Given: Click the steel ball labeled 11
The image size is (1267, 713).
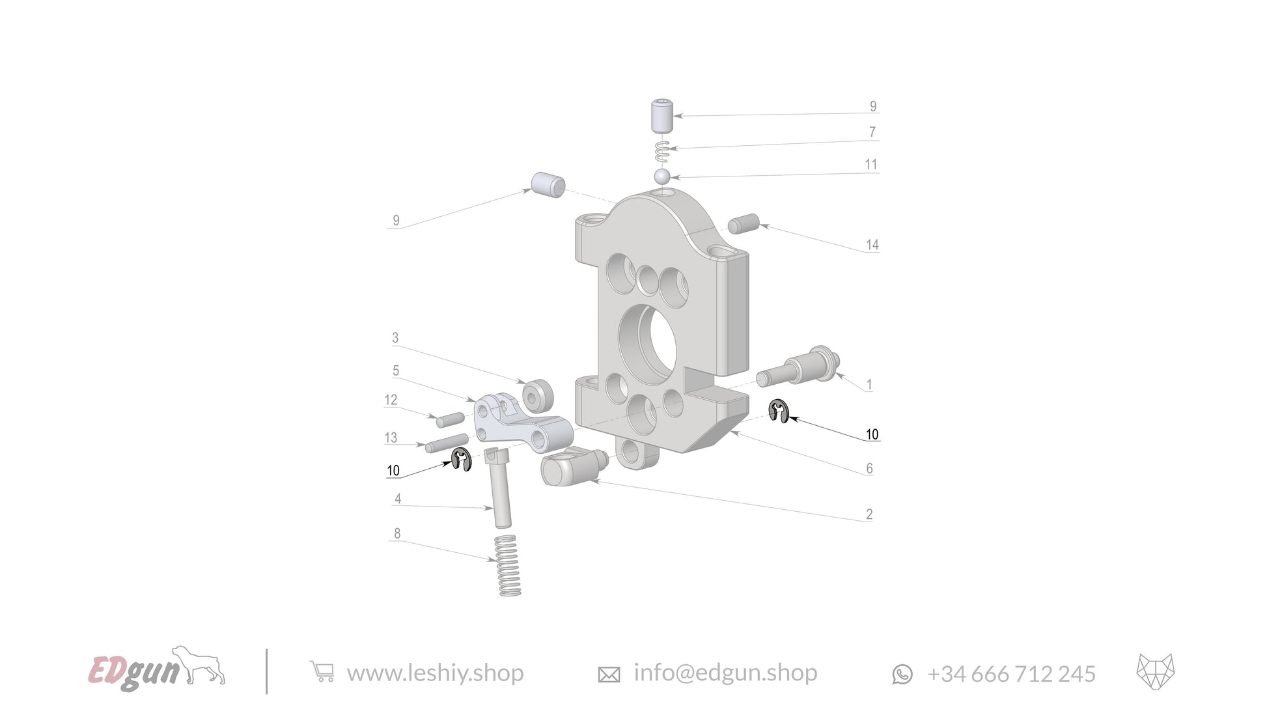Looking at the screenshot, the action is pos(662,176).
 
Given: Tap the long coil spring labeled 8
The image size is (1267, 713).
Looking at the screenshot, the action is pos(508,565).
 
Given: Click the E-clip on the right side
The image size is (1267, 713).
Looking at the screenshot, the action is pos(778,412).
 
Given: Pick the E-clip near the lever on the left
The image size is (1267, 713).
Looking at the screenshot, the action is pos(461,460).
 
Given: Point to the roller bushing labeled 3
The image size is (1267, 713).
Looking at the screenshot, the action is pos(538,395).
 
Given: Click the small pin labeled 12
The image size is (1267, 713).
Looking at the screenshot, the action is pos(450,419).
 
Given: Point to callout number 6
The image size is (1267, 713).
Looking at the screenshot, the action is pos(869,468).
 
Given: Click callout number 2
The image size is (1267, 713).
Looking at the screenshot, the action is pos(869,514).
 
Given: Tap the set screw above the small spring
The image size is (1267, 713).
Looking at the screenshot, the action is pos(661,116).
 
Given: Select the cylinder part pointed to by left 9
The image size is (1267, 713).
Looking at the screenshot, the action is pos(548,186).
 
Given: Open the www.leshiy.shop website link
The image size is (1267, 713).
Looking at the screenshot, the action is pos(435,672).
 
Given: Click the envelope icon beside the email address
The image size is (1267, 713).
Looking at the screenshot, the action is pos(609,675).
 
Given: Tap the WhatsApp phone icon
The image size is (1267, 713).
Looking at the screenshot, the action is pos(902,674).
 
